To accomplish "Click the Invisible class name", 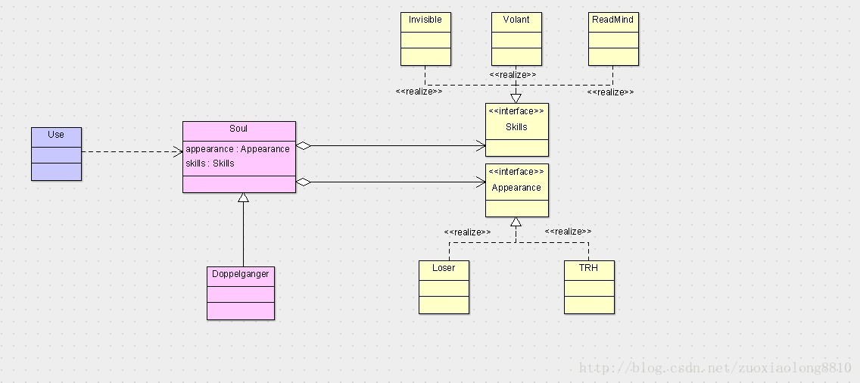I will pyautogui.click(x=425, y=20).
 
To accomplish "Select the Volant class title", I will pyautogui.click(x=516, y=20).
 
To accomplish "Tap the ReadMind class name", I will pyautogui.click(x=612, y=20).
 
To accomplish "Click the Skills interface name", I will pyautogui.click(x=516, y=127).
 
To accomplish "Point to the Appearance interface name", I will pyautogui.click(x=516, y=188).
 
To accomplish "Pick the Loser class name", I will pyautogui.click(x=444, y=268).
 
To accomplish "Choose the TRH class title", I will pyautogui.click(x=589, y=268).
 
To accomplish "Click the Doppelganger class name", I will pyautogui.click(x=241, y=274).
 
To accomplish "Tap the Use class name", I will pyautogui.click(x=56, y=135).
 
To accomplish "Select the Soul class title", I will pyautogui.click(x=238, y=129).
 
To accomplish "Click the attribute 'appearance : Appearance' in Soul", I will pyautogui.click(x=238, y=149).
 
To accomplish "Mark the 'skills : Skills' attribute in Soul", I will pyautogui.click(x=210, y=163).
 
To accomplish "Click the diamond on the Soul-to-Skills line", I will pyautogui.click(x=303, y=145).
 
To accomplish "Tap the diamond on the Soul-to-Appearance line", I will pyautogui.click(x=303, y=182).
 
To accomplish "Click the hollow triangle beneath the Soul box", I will pyautogui.click(x=243, y=198).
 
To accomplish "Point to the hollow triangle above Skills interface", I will pyautogui.click(x=516, y=98).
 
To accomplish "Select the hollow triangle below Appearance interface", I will pyautogui.click(x=516, y=223).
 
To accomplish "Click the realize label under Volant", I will pyautogui.click(x=513, y=75).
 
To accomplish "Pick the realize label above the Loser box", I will pyautogui.click(x=467, y=232).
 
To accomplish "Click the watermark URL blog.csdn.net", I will pyautogui.click(x=715, y=369).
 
